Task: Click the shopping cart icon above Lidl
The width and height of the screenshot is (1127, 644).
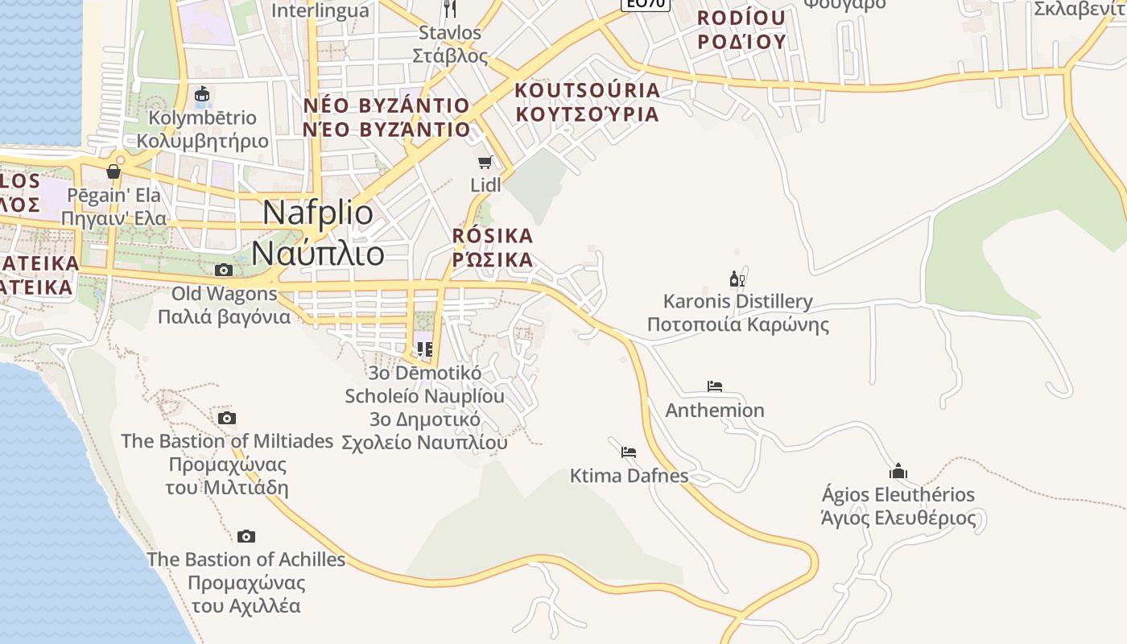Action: click(485, 163)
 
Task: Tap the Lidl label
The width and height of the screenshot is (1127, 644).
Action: click(485, 185)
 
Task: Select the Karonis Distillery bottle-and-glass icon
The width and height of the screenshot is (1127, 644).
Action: click(737, 279)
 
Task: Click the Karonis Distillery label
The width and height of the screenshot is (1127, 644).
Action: click(738, 313)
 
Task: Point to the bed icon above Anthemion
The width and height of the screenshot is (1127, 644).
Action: click(714, 386)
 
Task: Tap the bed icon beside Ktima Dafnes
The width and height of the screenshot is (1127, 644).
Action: click(629, 452)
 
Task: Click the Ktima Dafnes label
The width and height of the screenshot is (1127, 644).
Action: click(629, 476)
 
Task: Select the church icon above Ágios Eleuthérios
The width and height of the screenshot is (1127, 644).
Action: click(898, 471)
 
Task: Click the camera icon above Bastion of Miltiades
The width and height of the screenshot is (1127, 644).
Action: click(227, 418)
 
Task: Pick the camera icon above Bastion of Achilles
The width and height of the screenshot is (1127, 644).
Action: click(246, 536)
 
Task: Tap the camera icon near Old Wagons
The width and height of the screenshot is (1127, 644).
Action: click(224, 270)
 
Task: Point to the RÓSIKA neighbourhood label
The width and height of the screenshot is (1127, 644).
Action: click(493, 247)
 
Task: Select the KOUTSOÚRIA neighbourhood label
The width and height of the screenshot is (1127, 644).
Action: click(587, 101)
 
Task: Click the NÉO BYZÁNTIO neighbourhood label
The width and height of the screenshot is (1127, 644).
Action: click(386, 118)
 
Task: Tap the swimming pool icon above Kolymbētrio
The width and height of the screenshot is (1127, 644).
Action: click(202, 95)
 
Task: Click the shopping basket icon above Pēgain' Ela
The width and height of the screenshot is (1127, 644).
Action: click(114, 171)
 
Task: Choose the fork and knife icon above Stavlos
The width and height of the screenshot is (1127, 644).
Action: click(450, 10)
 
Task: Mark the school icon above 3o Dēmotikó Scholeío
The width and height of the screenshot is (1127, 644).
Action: click(425, 349)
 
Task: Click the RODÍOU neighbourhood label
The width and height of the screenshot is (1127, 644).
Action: click(741, 30)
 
